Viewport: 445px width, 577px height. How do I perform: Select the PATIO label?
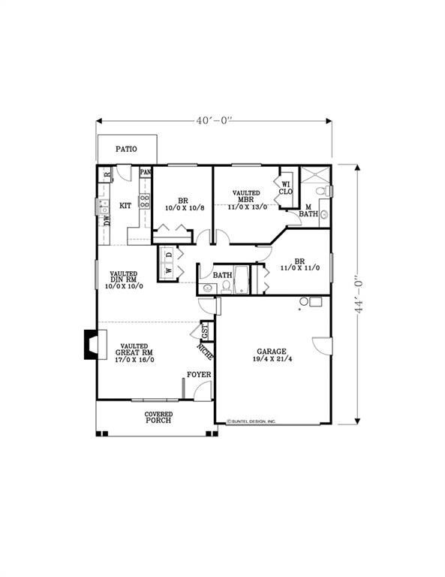coord(126,150)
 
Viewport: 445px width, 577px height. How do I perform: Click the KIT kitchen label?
coord(126,205)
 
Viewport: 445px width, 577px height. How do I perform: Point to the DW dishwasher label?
coord(107,220)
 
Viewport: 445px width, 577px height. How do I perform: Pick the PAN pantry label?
coord(146,172)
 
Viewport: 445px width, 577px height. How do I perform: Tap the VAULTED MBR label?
coord(245,198)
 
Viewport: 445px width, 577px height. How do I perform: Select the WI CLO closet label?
coord(286,186)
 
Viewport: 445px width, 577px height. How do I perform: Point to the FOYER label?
coord(199,374)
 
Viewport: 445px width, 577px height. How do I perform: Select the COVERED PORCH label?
coord(158,417)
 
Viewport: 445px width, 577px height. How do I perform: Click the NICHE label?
coord(203,350)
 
